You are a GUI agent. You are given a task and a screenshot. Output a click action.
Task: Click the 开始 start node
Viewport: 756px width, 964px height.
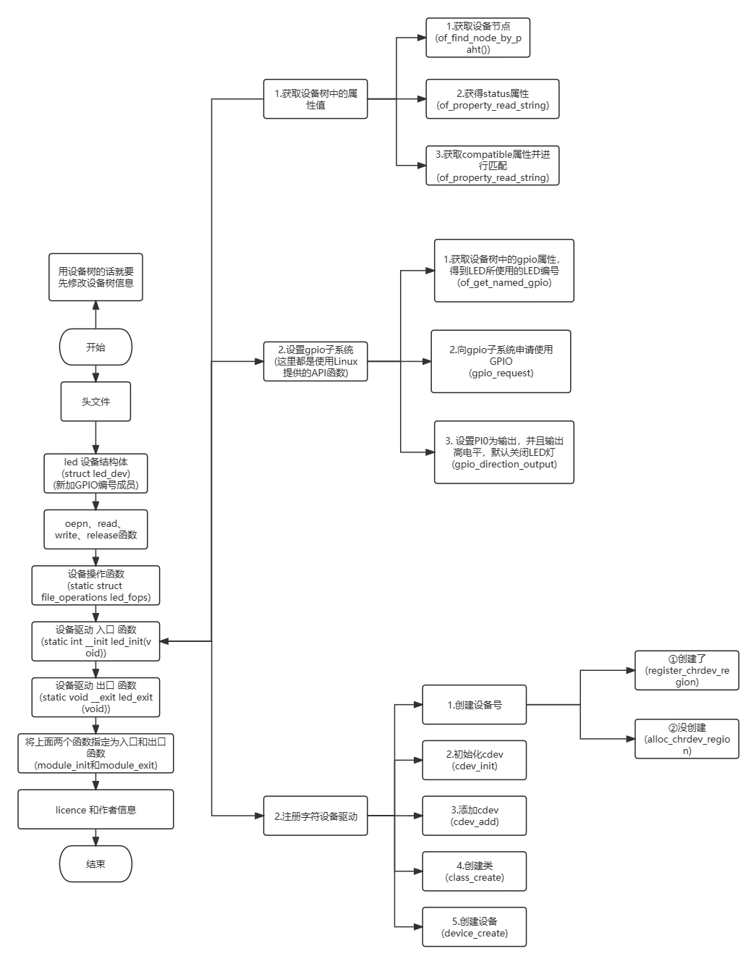(95, 347)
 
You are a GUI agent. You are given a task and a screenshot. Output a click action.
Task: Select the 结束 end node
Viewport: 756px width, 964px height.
(95, 864)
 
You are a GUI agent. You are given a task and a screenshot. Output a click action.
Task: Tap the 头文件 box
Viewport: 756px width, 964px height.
(95, 402)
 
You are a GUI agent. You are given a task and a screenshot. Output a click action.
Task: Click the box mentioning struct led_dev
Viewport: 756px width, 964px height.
(95, 473)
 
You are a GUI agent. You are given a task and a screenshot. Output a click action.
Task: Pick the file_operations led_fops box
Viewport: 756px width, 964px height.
(95, 585)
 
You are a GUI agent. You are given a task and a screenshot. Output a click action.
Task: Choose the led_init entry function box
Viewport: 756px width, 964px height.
(95, 641)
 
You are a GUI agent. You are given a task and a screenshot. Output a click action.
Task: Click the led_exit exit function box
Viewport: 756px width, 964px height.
(95, 697)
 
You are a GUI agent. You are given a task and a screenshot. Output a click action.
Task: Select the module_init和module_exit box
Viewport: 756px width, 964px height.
(95, 753)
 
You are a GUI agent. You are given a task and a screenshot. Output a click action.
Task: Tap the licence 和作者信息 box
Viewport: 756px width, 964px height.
(95, 810)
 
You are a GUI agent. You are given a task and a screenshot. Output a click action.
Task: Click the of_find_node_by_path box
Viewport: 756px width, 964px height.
(477, 38)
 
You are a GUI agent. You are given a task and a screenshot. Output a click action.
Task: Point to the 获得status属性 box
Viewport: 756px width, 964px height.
(492, 99)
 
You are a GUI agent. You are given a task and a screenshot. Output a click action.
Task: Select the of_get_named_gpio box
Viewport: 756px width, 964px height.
(504, 271)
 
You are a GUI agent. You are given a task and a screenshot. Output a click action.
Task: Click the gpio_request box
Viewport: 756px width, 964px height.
(501, 361)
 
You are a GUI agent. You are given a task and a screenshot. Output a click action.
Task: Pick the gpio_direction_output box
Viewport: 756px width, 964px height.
(504, 452)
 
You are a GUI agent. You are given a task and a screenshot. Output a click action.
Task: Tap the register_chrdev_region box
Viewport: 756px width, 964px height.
(687, 670)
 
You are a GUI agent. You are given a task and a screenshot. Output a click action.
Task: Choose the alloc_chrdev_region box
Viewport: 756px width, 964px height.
(687, 739)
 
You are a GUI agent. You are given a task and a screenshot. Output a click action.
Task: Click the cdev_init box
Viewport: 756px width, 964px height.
(474, 760)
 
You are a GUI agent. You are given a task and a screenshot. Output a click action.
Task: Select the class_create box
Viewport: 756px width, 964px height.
(474, 871)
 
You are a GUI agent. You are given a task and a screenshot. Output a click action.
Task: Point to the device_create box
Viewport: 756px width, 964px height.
(474, 927)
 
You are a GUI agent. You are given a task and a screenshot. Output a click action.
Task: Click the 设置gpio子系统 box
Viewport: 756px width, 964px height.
(315, 361)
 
